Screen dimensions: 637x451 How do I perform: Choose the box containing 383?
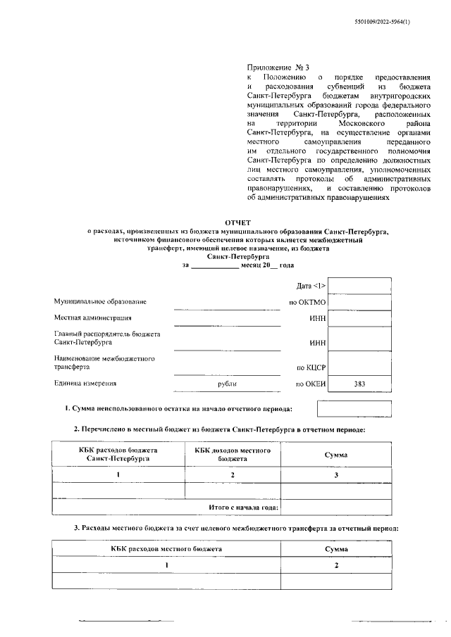click(360, 384)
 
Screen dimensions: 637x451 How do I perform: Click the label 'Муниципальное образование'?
click(101, 302)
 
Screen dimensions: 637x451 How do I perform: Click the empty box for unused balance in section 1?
click(354, 409)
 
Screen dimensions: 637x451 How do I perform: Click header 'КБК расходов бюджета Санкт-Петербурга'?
click(118, 454)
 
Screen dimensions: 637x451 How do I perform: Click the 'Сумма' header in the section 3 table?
click(336, 548)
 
